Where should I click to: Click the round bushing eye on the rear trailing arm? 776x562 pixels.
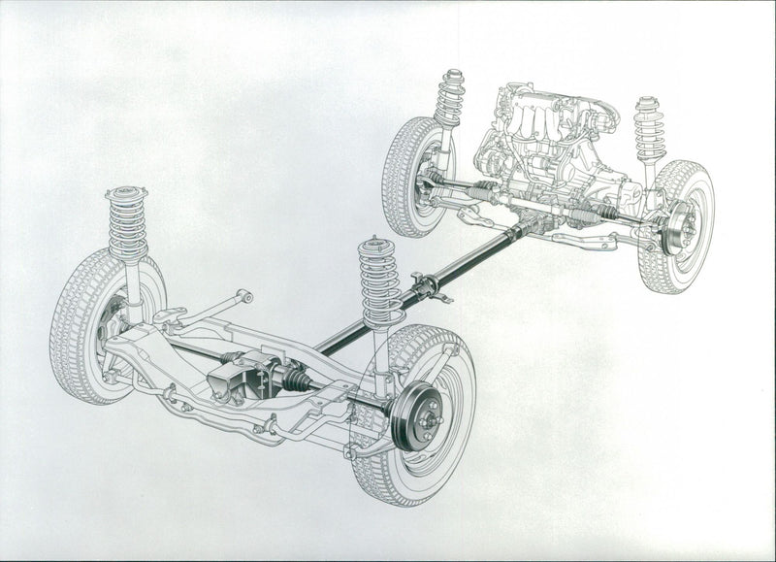tap(246, 296)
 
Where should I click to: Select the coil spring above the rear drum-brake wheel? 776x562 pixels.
tap(379, 281)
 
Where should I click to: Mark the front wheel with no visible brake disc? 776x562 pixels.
tap(412, 175)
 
